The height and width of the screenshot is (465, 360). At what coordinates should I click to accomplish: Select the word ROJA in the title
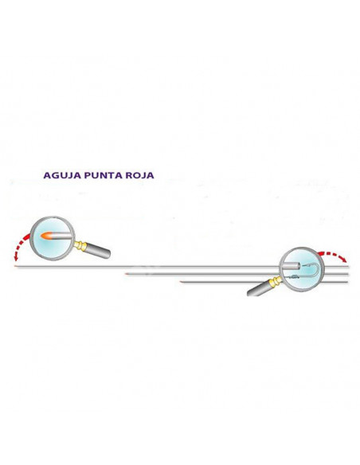139,175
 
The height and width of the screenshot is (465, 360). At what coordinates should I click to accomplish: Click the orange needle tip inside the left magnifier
46,236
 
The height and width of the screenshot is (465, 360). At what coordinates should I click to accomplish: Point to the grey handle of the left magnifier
97,251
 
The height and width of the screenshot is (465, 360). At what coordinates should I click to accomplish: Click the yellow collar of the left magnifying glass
80,245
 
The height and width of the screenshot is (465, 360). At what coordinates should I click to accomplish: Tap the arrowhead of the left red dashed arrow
16,258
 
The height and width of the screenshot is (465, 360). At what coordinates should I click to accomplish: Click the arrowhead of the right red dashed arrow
344,260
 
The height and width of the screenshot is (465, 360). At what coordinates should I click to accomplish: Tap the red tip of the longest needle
15,266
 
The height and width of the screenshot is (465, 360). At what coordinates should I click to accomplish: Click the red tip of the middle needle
127,274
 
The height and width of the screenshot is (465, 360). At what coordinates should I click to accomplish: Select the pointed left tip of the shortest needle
180,282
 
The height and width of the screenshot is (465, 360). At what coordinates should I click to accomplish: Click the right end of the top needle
348,266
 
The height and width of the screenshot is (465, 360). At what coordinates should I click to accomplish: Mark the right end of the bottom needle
348,282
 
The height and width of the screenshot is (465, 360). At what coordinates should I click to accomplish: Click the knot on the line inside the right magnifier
295,277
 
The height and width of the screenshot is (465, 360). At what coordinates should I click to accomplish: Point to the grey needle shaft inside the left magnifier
61,236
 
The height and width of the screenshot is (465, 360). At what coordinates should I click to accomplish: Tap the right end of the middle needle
348,274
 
